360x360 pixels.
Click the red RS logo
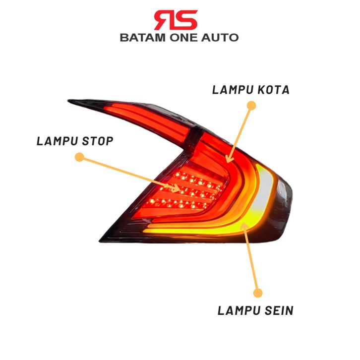point(176,20)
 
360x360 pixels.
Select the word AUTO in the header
point(220,38)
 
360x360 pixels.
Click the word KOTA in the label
point(273,90)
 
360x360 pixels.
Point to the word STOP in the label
point(98,141)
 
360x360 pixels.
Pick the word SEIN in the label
point(279,310)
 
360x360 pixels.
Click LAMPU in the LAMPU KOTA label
point(233,90)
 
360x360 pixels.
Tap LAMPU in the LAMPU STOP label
point(57,141)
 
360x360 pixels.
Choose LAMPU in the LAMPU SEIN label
point(239,310)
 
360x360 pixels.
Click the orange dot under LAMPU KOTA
point(251,106)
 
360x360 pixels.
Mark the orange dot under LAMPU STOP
point(79,157)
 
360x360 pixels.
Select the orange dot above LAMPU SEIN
point(257,293)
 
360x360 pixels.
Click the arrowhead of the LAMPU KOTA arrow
point(229,159)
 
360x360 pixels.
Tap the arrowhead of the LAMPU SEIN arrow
point(244,226)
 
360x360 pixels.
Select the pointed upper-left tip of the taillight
point(68,101)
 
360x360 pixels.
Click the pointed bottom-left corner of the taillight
point(100,241)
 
